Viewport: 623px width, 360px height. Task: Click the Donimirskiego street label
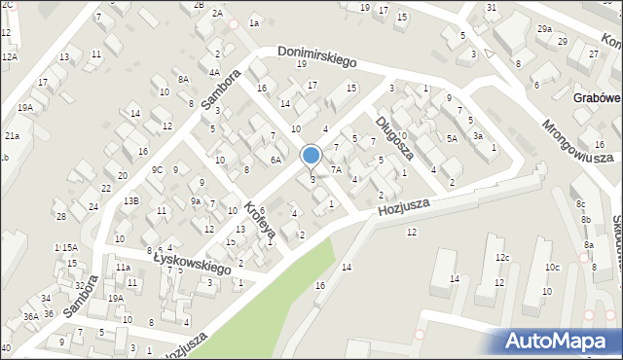[316, 56]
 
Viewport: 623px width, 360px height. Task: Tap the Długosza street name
[395, 137]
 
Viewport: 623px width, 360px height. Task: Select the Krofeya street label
[261, 221]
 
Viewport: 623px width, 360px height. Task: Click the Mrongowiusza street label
[577, 138]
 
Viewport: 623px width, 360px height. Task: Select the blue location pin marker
[311, 157]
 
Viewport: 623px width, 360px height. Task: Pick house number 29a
[544, 29]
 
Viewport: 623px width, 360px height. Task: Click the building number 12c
[501, 258]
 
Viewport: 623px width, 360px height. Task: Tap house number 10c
[552, 267]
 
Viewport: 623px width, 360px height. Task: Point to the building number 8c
[580, 203]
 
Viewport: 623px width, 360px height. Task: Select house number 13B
[131, 200]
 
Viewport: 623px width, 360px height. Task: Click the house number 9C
[156, 169]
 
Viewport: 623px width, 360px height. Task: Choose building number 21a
[12, 136]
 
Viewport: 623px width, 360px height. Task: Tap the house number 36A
[30, 316]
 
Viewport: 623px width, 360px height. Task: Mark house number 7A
[336, 169]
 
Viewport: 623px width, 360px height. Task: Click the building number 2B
[199, 5]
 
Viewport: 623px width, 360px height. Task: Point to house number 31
[492, 8]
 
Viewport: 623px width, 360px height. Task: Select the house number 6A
[275, 160]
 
